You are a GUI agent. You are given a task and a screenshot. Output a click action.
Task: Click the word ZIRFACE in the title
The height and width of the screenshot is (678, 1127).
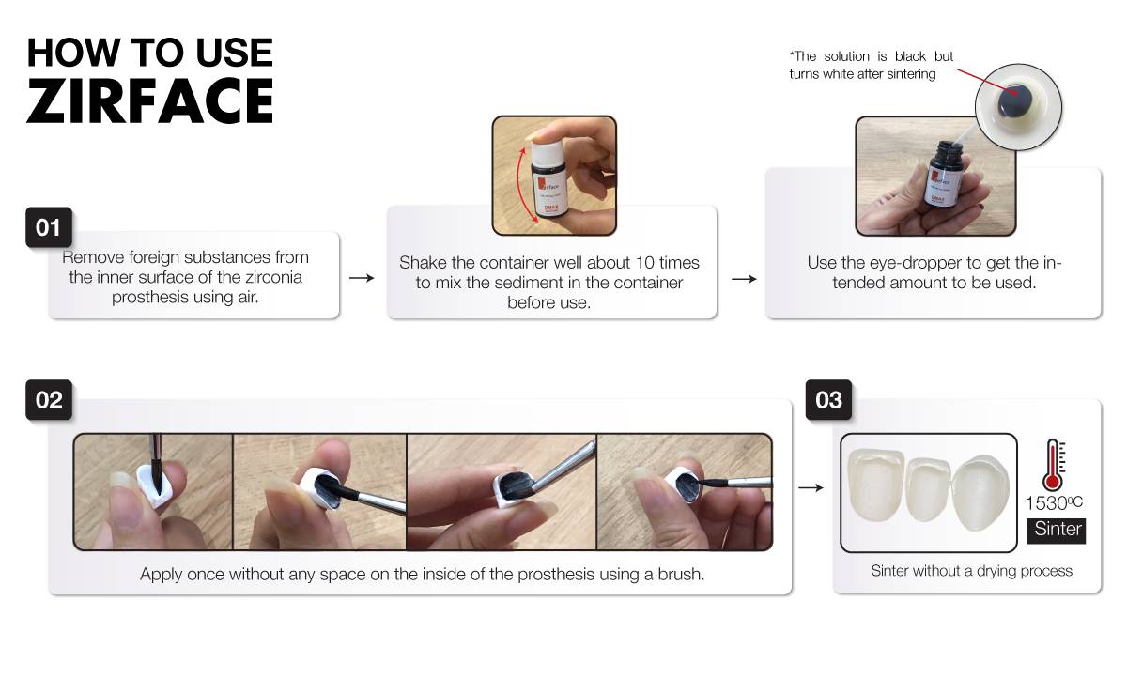[150, 100]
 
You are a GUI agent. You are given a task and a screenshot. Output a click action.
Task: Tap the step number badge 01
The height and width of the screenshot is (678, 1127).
[49, 227]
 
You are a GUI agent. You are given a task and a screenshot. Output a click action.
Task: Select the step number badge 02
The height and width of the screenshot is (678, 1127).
[49, 400]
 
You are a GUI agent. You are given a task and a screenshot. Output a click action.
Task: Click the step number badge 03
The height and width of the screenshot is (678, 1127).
[828, 400]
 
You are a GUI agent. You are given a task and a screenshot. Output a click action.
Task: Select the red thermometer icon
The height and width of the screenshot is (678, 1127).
[1054, 465]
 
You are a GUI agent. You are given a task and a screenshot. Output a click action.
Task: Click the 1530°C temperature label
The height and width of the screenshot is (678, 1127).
[1054, 502]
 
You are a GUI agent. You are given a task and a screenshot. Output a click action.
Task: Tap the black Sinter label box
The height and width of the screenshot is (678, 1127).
[1057, 531]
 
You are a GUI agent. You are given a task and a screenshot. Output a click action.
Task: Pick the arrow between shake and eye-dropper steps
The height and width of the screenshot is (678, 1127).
[744, 279]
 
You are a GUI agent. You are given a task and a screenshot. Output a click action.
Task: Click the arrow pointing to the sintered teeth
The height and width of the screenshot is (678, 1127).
[811, 487]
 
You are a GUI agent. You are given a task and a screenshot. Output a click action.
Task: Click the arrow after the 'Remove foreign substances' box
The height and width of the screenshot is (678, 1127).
[362, 278]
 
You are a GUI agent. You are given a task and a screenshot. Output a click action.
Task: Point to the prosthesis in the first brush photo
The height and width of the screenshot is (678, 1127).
[156, 485]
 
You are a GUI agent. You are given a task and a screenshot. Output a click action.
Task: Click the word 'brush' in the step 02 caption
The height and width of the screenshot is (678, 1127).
[681, 574]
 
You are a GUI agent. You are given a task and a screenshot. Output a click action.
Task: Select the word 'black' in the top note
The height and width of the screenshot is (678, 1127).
[910, 56]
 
